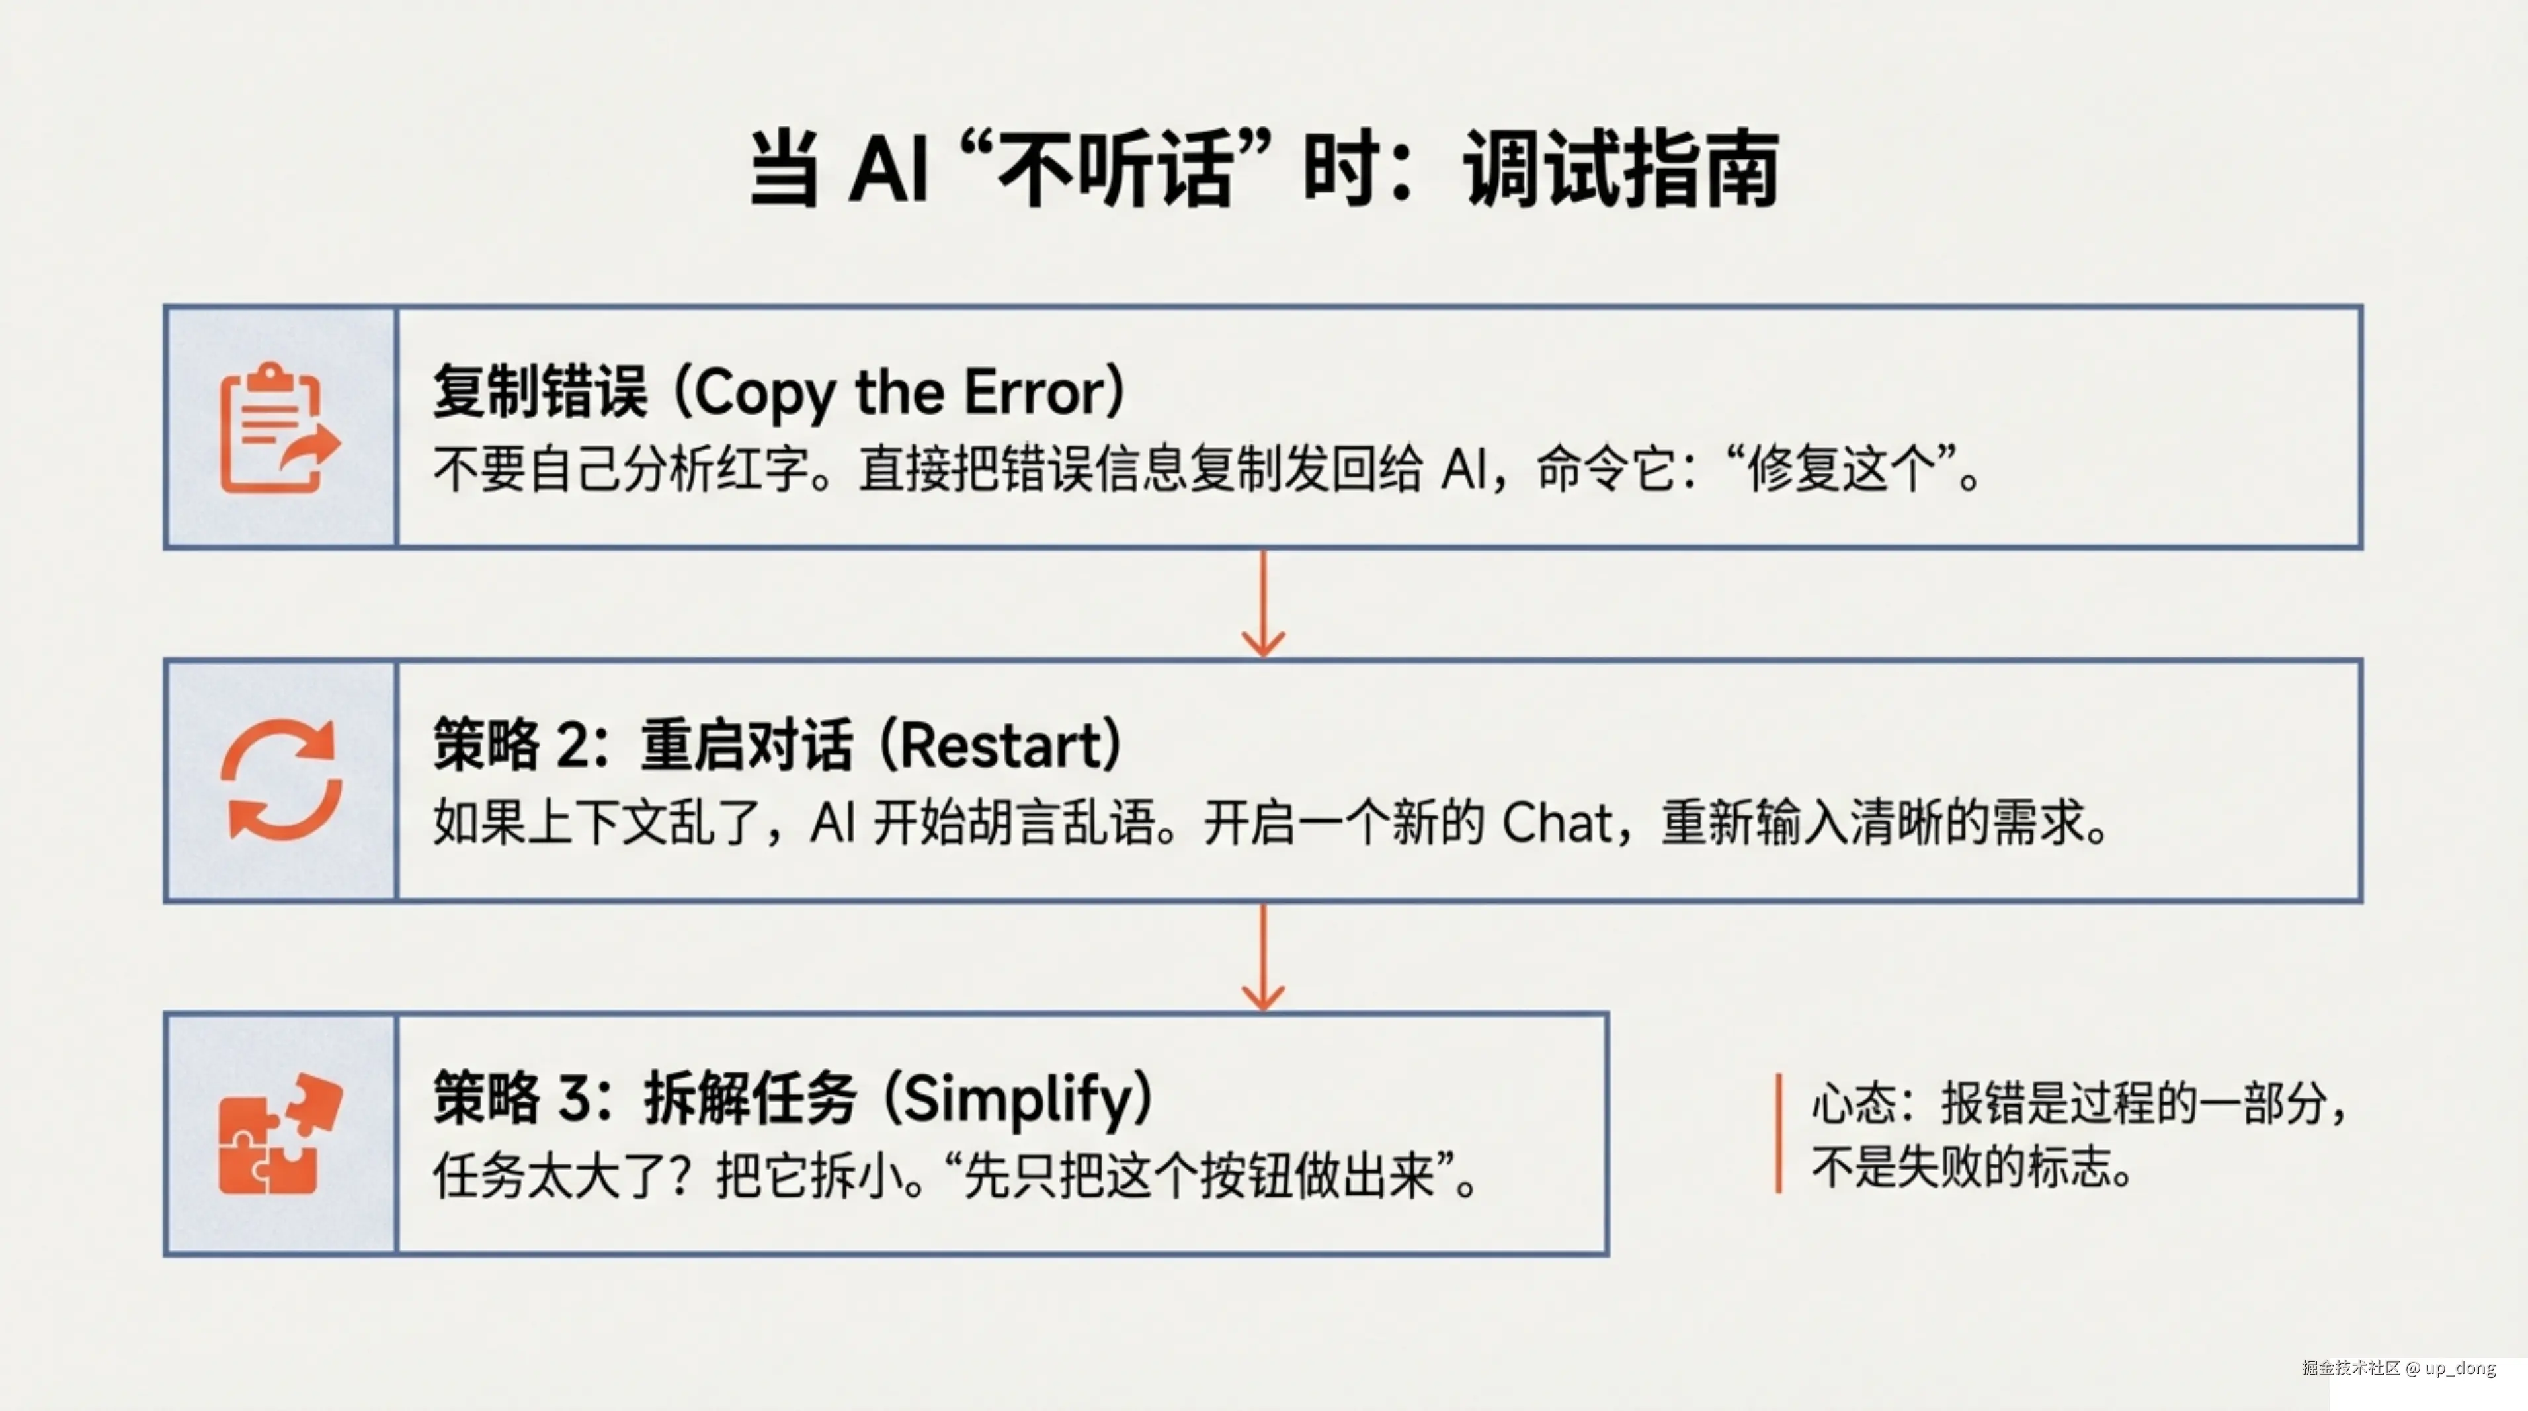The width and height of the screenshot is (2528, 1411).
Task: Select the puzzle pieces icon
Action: pyautogui.click(x=280, y=1135)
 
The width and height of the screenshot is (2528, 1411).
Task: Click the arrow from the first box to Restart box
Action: pyautogui.click(x=1263, y=604)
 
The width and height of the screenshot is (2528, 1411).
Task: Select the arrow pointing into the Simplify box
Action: pyautogui.click(x=1263, y=957)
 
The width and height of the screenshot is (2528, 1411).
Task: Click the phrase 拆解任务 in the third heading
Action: pyautogui.click(x=750, y=1099)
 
